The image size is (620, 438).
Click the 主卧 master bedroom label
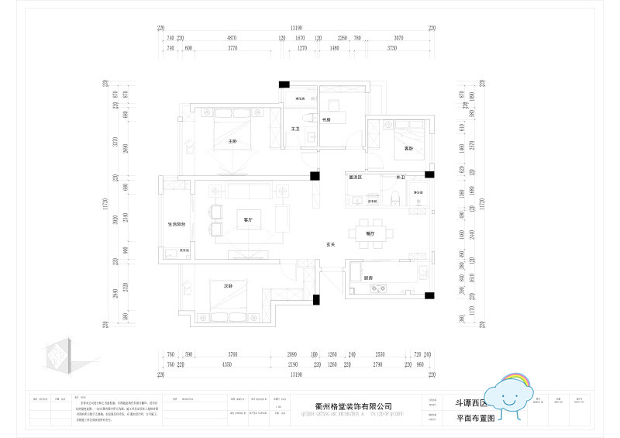click(x=232, y=141)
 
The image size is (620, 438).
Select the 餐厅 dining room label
click(x=370, y=233)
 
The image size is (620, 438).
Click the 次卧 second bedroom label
click(x=229, y=286)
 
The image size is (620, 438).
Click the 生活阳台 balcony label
click(x=177, y=224)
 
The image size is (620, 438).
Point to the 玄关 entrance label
click(x=330, y=244)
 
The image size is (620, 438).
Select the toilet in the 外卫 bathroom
click(x=396, y=198)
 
